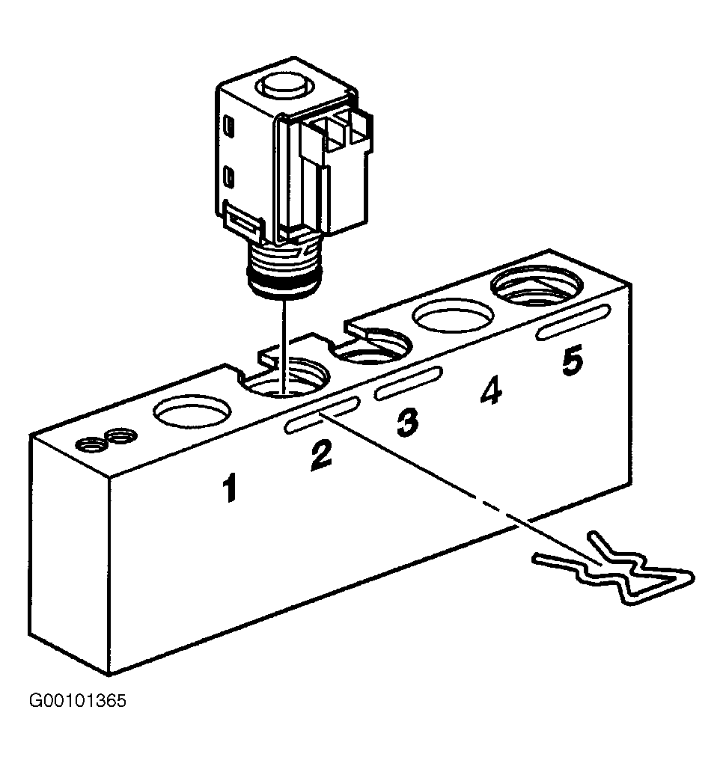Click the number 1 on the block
pyautogui.click(x=229, y=488)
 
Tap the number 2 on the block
pyautogui.click(x=322, y=455)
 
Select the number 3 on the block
pyautogui.click(x=407, y=422)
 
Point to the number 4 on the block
pyautogui.click(x=491, y=390)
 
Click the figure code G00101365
pyautogui.click(x=78, y=701)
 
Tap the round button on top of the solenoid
pyautogui.click(x=284, y=87)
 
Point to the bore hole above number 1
pyautogui.click(x=193, y=411)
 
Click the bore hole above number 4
pyautogui.click(x=454, y=316)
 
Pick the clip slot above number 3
pyautogui.click(x=409, y=383)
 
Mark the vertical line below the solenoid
pyautogui.click(x=283, y=345)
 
